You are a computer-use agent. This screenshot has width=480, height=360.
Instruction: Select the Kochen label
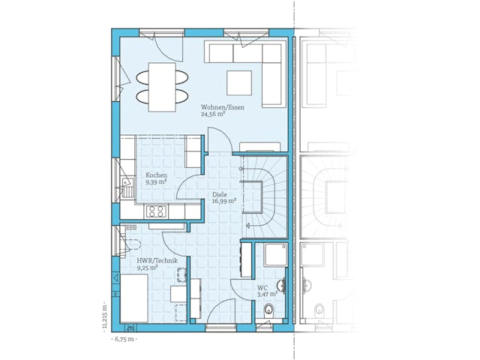point(156,175)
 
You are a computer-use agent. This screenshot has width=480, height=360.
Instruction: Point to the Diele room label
point(220,193)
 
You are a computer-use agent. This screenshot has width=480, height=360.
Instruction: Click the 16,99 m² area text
point(223,201)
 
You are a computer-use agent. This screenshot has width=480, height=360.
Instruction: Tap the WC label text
point(262,287)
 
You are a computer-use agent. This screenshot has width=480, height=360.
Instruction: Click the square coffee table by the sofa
point(241,81)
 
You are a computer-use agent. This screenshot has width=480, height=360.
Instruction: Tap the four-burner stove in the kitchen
point(156,211)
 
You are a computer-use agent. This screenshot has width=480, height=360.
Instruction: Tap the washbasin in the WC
point(281,284)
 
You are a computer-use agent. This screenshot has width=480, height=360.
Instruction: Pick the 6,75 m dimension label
point(123,340)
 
